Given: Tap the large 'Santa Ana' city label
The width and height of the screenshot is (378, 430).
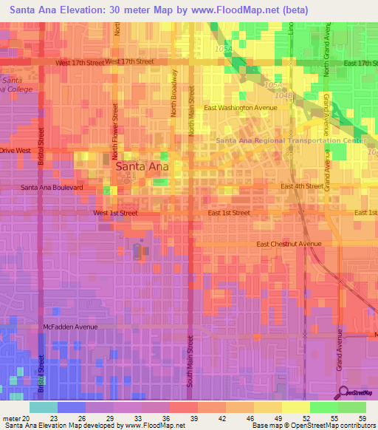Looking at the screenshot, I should [x=142, y=167].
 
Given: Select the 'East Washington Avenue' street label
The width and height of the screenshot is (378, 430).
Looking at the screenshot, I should [x=241, y=108].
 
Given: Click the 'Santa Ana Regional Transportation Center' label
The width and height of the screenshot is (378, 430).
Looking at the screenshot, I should [x=290, y=140].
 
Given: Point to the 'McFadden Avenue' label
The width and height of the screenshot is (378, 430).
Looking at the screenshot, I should [x=70, y=327].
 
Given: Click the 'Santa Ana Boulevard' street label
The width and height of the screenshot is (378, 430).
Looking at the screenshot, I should [x=52, y=188].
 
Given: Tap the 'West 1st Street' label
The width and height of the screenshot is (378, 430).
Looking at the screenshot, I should [x=115, y=213].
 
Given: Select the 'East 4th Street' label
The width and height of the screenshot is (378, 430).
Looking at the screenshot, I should [x=302, y=186].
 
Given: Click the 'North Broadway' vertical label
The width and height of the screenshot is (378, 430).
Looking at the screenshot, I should [x=175, y=93].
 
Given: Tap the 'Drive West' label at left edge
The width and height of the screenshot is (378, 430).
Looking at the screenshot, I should [x=16, y=150].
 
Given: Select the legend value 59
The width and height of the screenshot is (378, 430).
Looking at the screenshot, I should [x=362, y=418].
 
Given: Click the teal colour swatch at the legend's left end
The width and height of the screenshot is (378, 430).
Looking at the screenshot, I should [x=43, y=407].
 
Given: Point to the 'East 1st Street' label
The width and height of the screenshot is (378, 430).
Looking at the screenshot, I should [x=228, y=213].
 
